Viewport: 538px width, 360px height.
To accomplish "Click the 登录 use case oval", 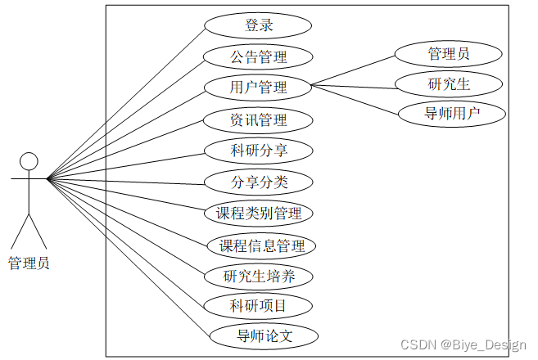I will tap(258, 25).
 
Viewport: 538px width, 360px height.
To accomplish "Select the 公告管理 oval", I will tap(258, 56).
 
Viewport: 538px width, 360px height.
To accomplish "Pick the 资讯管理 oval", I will tap(258, 119).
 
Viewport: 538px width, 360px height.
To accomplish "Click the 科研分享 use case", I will tap(258, 151).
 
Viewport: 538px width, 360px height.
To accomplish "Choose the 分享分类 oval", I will tap(258, 182).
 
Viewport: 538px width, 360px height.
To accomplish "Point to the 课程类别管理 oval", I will tap(259, 214).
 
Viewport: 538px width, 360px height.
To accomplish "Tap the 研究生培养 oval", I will tap(259, 276).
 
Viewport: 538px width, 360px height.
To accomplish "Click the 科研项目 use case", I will tap(258, 307).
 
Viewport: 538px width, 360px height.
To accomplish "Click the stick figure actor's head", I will tap(29, 160).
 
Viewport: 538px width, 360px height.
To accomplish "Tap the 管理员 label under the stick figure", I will tap(29, 263).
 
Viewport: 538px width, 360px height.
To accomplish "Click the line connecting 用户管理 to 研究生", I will tap(352, 85).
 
